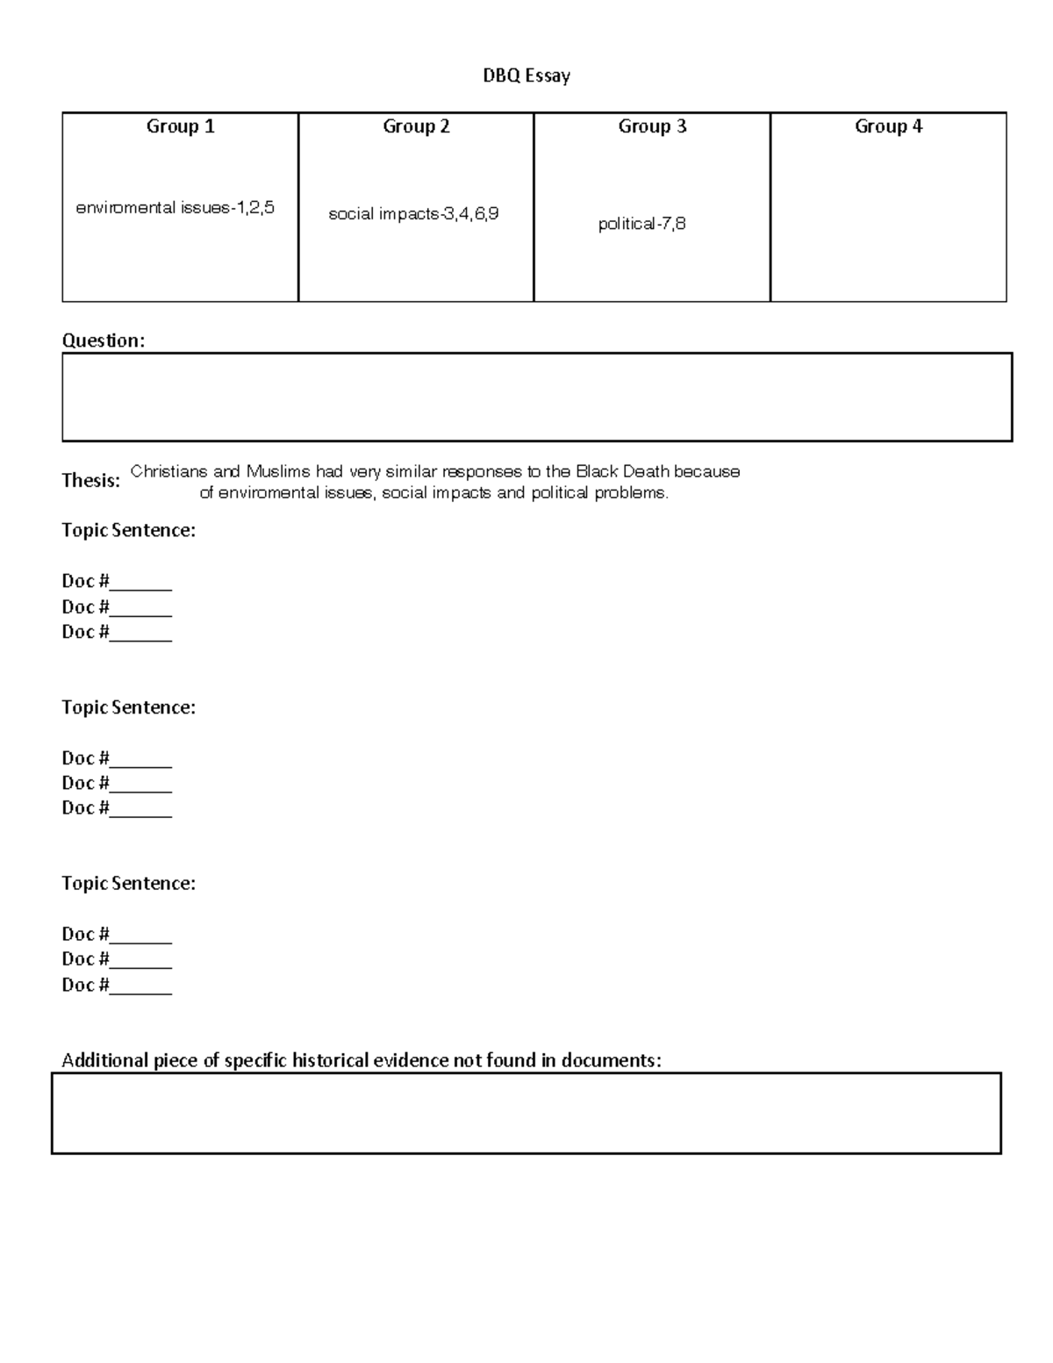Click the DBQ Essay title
coord(526,76)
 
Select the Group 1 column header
coord(180,126)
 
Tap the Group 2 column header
coord(416,126)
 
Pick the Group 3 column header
coord(652,126)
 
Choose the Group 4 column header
coord(888,126)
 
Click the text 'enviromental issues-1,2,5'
coord(175,208)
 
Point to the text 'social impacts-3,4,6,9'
coord(413,213)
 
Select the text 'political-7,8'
coord(641,224)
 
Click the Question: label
coord(103,341)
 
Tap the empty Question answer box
coord(537,397)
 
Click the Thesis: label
coord(90,480)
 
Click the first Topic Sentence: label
coord(128,530)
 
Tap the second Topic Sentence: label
coord(128,707)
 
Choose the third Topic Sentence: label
coord(128,884)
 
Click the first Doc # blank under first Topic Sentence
coord(140,583)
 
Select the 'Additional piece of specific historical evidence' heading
coord(361,1060)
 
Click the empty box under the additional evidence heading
coord(526,1113)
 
